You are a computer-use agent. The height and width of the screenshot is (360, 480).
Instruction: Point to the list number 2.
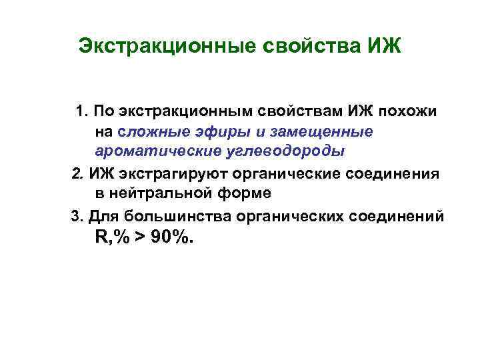point(77,175)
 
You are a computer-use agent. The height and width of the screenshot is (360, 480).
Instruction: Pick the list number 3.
point(75,216)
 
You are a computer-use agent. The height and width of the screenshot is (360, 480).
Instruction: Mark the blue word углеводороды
point(289,151)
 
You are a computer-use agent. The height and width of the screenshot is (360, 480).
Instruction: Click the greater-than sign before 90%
point(142,238)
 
